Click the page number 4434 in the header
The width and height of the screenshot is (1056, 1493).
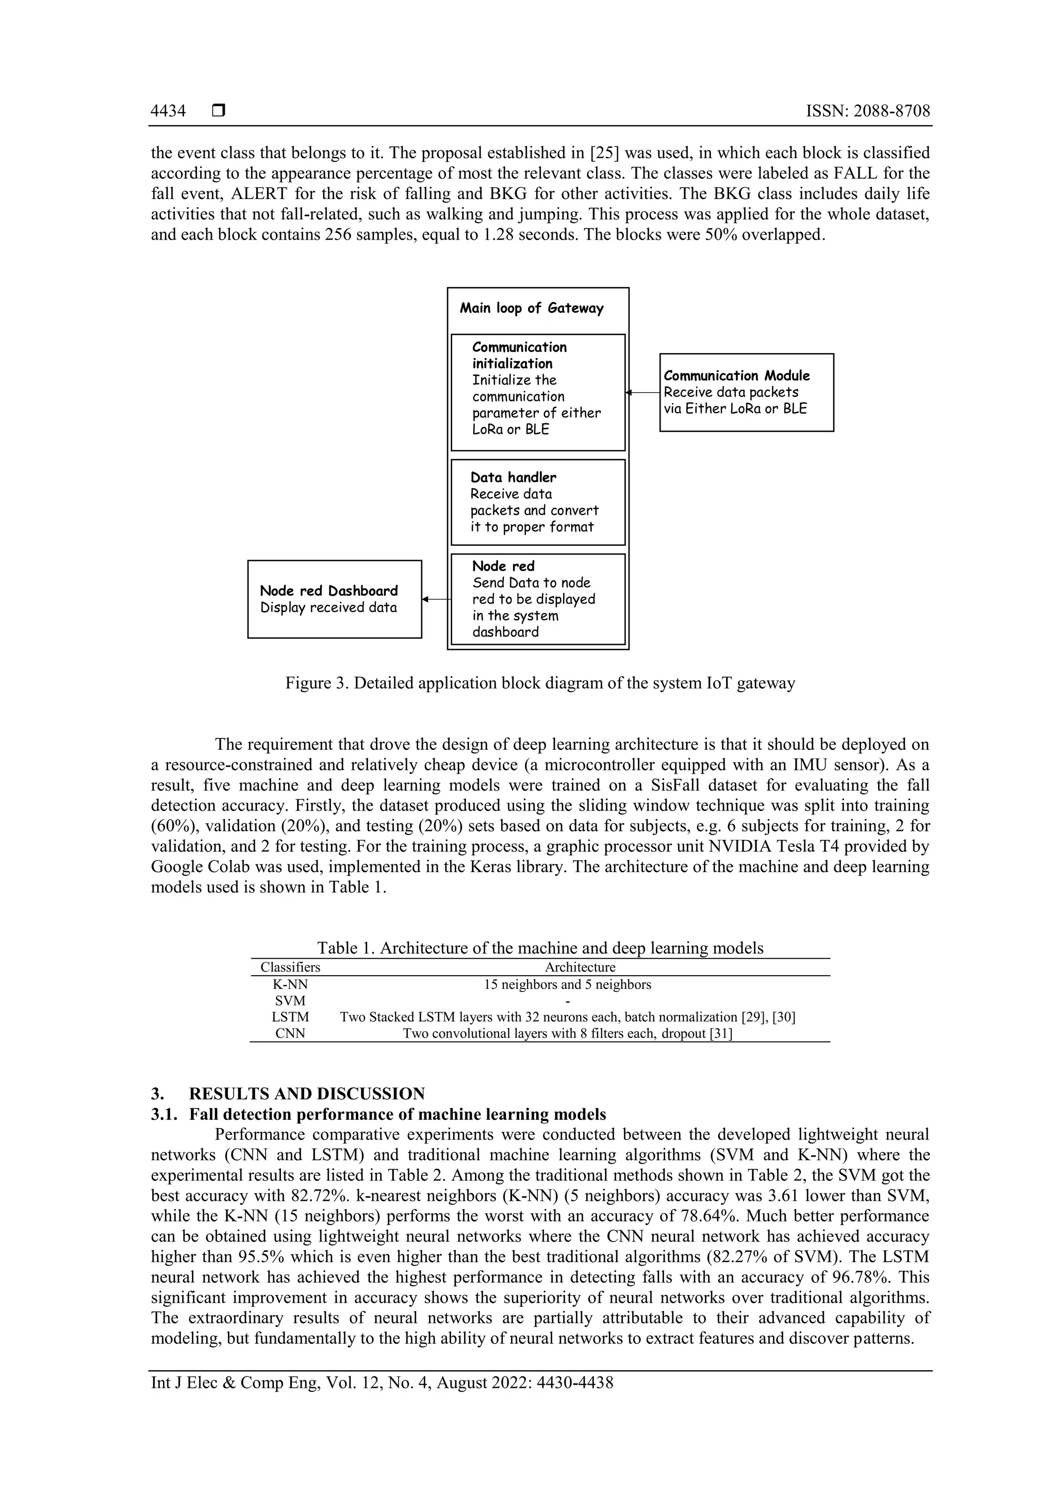pos(168,111)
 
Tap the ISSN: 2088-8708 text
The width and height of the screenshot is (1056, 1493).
pos(868,111)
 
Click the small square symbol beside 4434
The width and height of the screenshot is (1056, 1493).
pos(219,111)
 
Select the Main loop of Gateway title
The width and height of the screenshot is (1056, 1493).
pos(532,308)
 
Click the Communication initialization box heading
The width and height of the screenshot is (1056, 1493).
pos(519,355)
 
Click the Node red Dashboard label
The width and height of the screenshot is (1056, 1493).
pos(328,591)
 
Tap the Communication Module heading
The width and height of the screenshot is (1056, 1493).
pos(736,375)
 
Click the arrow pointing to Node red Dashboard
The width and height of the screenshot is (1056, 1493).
pos(435,599)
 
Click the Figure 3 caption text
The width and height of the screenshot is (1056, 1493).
pos(540,683)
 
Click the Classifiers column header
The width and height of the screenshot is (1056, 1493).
pos(290,967)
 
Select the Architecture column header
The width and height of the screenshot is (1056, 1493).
pos(580,967)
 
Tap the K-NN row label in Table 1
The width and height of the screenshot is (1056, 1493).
pos(290,984)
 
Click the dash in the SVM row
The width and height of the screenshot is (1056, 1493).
pos(567,1001)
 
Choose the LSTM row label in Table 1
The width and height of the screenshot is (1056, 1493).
pos(290,1017)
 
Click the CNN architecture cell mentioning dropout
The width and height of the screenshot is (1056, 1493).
pos(567,1033)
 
